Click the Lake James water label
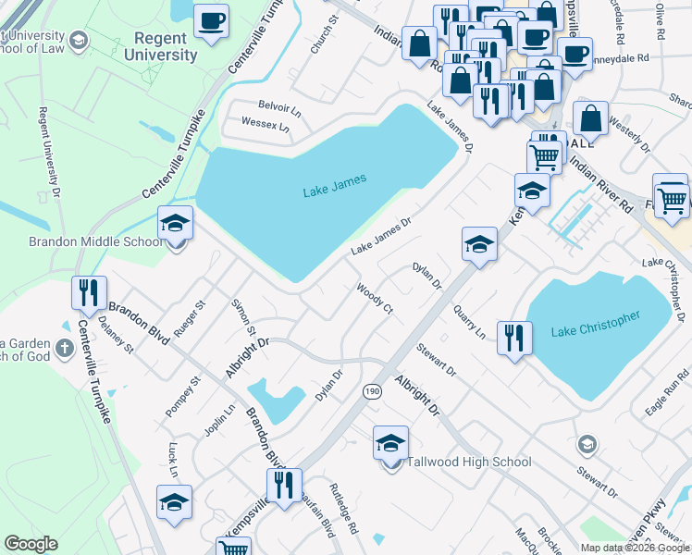pyautogui.click(x=335, y=186)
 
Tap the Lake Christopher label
pyautogui.click(x=595, y=325)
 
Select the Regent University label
pyautogui.click(x=167, y=46)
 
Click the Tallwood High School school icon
pyautogui.click(x=390, y=444)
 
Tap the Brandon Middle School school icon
pyautogui.click(x=174, y=225)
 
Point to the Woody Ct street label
pyautogui.click(x=376, y=299)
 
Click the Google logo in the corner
pyautogui.click(x=31, y=544)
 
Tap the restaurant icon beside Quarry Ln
pyautogui.click(x=513, y=338)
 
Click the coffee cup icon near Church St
pyautogui.click(x=211, y=21)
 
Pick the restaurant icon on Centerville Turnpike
pyautogui.click(x=89, y=293)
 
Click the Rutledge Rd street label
pyautogui.click(x=344, y=510)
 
